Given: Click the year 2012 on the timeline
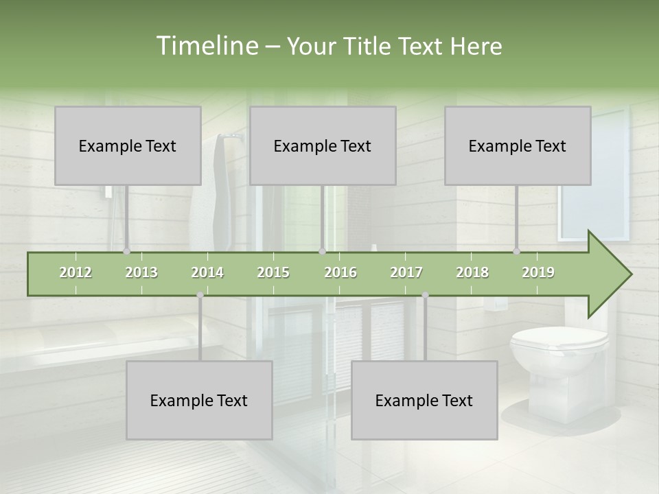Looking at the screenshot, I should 76,272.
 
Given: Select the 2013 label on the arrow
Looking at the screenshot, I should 141,272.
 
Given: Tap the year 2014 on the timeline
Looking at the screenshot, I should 207,272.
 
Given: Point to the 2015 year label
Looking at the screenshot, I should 273,272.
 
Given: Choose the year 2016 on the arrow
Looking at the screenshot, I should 340,272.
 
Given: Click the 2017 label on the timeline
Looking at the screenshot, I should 406,272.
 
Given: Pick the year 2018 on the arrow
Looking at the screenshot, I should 472,272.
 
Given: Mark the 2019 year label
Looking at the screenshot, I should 538,272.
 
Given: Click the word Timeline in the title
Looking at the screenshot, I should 207,46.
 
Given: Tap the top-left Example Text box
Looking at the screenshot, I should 128,145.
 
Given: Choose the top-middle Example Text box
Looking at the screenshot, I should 323,145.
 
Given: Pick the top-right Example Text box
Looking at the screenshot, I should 518,145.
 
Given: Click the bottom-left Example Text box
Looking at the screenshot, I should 199,400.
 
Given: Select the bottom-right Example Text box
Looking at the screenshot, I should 424,400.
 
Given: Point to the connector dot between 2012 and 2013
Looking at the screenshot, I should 126,252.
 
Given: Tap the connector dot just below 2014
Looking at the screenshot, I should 200,295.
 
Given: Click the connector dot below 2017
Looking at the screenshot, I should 425,295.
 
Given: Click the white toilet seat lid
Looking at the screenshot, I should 559,339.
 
